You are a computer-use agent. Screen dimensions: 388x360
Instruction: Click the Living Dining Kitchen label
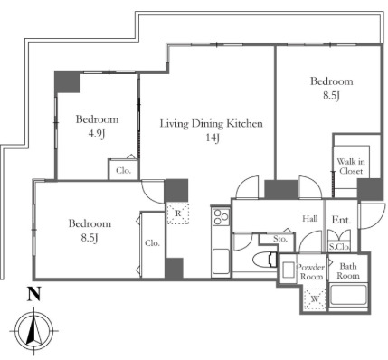[x=211, y=124]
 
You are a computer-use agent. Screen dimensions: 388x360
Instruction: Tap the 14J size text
[x=213, y=138]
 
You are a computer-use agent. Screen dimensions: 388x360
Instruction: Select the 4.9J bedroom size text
[x=96, y=134]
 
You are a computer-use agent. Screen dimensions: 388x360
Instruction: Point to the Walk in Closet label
[x=351, y=166]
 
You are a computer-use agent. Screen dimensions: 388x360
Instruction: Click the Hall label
[x=310, y=218]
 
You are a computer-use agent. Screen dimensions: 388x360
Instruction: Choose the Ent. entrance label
[x=341, y=220]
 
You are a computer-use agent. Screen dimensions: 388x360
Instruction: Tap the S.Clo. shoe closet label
[x=339, y=247]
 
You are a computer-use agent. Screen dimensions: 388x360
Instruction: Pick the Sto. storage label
[x=280, y=239]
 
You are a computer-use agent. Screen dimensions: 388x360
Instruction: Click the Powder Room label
[x=310, y=271]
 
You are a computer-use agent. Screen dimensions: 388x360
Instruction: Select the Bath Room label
[x=348, y=270]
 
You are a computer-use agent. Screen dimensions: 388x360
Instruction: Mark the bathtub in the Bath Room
[x=348, y=296]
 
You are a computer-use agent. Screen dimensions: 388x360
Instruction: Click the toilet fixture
[x=265, y=260]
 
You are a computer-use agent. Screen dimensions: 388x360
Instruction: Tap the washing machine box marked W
[x=315, y=299]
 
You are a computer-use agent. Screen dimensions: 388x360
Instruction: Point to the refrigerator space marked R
[x=178, y=213]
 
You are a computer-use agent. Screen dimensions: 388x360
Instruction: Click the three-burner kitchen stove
[x=221, y=217]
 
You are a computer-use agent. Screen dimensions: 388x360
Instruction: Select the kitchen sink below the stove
[x=221, y=261]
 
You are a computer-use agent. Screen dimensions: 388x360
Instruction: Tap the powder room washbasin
[x=288, y=270]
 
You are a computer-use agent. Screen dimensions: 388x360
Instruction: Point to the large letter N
[x=34, y=295]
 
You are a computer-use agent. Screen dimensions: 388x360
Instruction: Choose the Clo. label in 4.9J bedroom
[x=124, y=171]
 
